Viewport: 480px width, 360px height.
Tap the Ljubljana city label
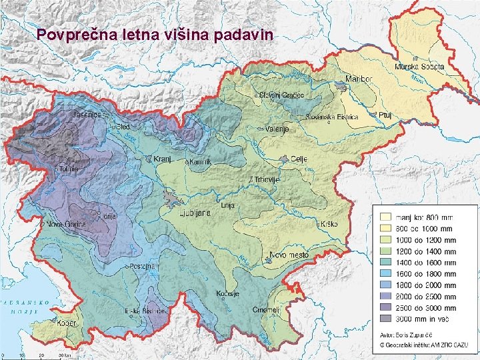(x=195, y=213)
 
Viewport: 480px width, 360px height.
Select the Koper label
(x=68, y=323)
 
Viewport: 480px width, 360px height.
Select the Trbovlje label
(x=265, y=180)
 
